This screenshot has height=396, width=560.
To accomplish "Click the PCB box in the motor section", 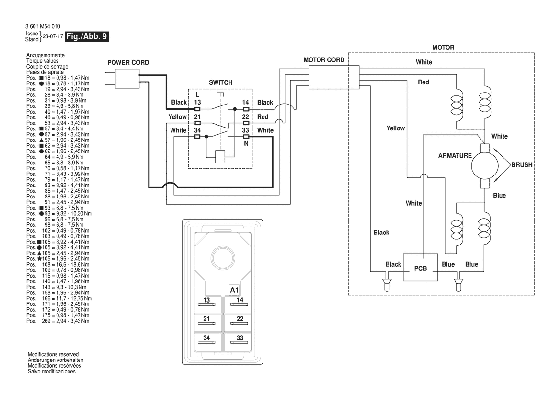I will coord(420,269).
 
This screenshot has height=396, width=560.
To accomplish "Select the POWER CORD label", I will coord(127,63).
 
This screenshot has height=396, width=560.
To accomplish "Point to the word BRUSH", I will coord(522,163).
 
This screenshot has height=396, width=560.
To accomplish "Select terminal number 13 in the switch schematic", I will coord(197,103).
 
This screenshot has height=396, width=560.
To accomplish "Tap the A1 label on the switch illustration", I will coord(234,291).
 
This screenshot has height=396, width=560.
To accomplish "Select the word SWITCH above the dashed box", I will coord(221,82).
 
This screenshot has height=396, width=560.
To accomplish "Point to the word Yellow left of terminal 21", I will coord(178,117).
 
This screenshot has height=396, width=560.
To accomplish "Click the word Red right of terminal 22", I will coord(263,117).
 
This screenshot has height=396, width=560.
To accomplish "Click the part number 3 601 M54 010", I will coord(44,26).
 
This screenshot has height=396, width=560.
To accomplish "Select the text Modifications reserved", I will coord(53,354).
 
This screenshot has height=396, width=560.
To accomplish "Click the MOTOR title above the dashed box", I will coord(443,48).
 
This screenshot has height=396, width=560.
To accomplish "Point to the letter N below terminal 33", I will coord(246,143).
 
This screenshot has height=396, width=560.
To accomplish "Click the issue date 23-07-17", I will coord(53,36).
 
